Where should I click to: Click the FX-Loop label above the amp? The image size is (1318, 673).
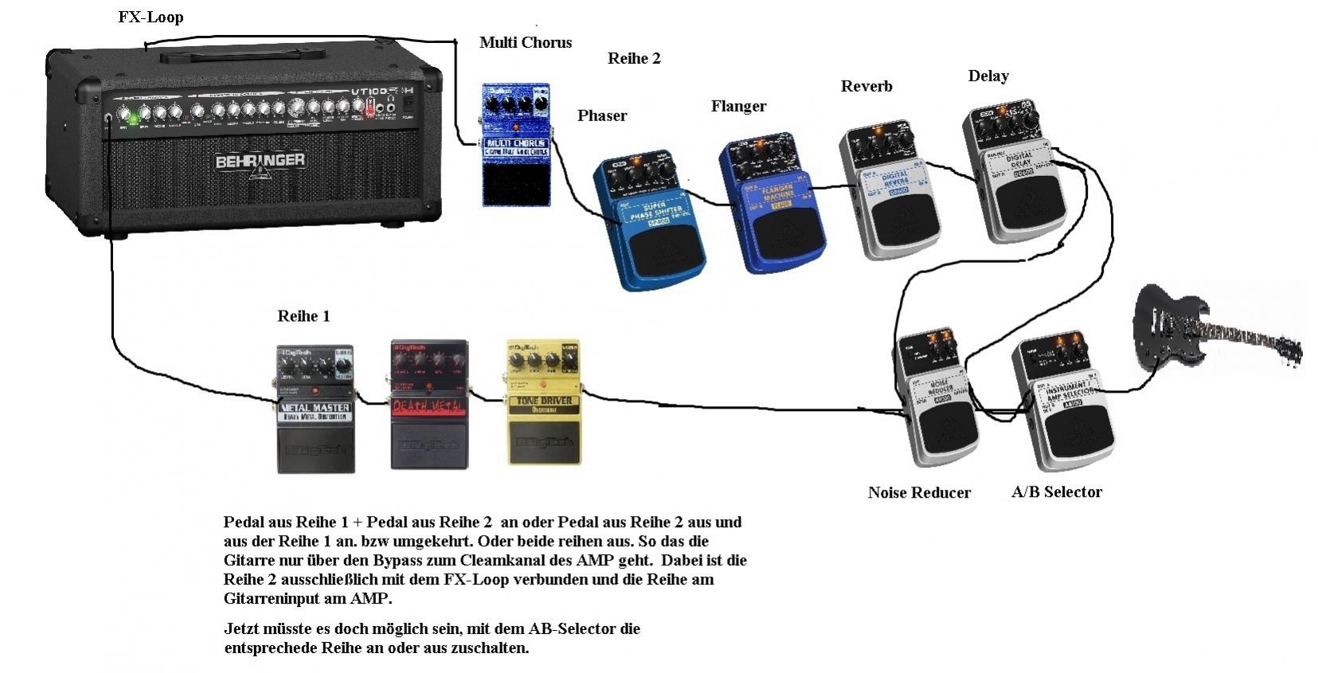pyautogui.click(x=151, y=17)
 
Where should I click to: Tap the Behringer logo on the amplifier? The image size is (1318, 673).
pyautogui.click(x=260, y=161)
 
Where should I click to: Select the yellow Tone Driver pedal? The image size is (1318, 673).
pyautogui.click(x=545, y=402)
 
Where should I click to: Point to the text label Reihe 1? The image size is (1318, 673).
pyautogui.click(x=303, y=316)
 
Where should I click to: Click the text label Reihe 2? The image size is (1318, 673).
pyautogui.click(x=634, y=58)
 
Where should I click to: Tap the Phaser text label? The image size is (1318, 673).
pyautogui.click(x=602, y=115)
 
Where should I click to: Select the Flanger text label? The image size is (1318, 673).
pyautogui.click(x=738, y=106)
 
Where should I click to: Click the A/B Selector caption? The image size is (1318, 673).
pyautogui.click(x=1056, y=492)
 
